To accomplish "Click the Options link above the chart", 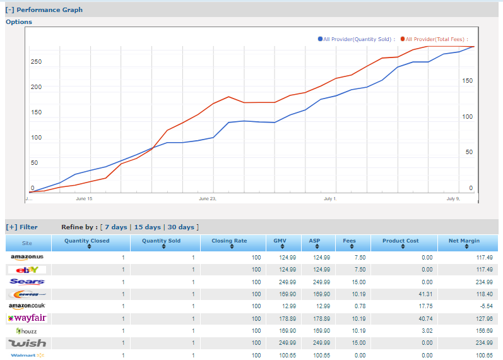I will pyautogui.click(x=19, y=22).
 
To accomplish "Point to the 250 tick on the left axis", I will pyautogui.click(x=36, y=62).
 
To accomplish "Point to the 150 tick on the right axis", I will pyautogui.click(x=467, y=81).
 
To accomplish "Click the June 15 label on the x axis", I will pyautogui.click(x=84, y=199).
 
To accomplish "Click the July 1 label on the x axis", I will pyautogui.click(x=329, y=199).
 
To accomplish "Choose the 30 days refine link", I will pyautogui.click(x=181, y=227).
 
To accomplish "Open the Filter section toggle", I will pyautogui.click(x=21, y=227).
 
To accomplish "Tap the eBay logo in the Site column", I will pyautogui.click(x=27, y=270).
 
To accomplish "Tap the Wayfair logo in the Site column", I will pyautogui.click(x=27, y=318).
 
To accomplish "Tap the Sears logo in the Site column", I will pyautogui.click(x=27, y=282).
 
